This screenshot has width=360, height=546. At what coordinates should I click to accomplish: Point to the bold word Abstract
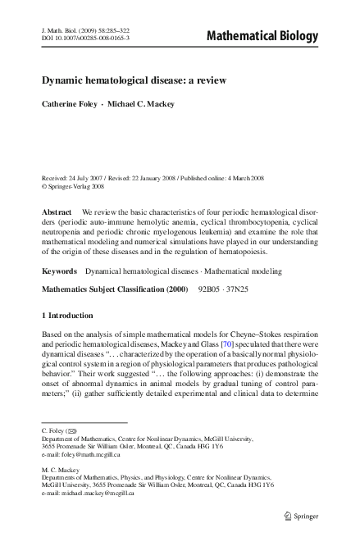pos(57,211)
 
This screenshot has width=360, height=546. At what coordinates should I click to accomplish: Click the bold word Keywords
pos(61,269)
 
